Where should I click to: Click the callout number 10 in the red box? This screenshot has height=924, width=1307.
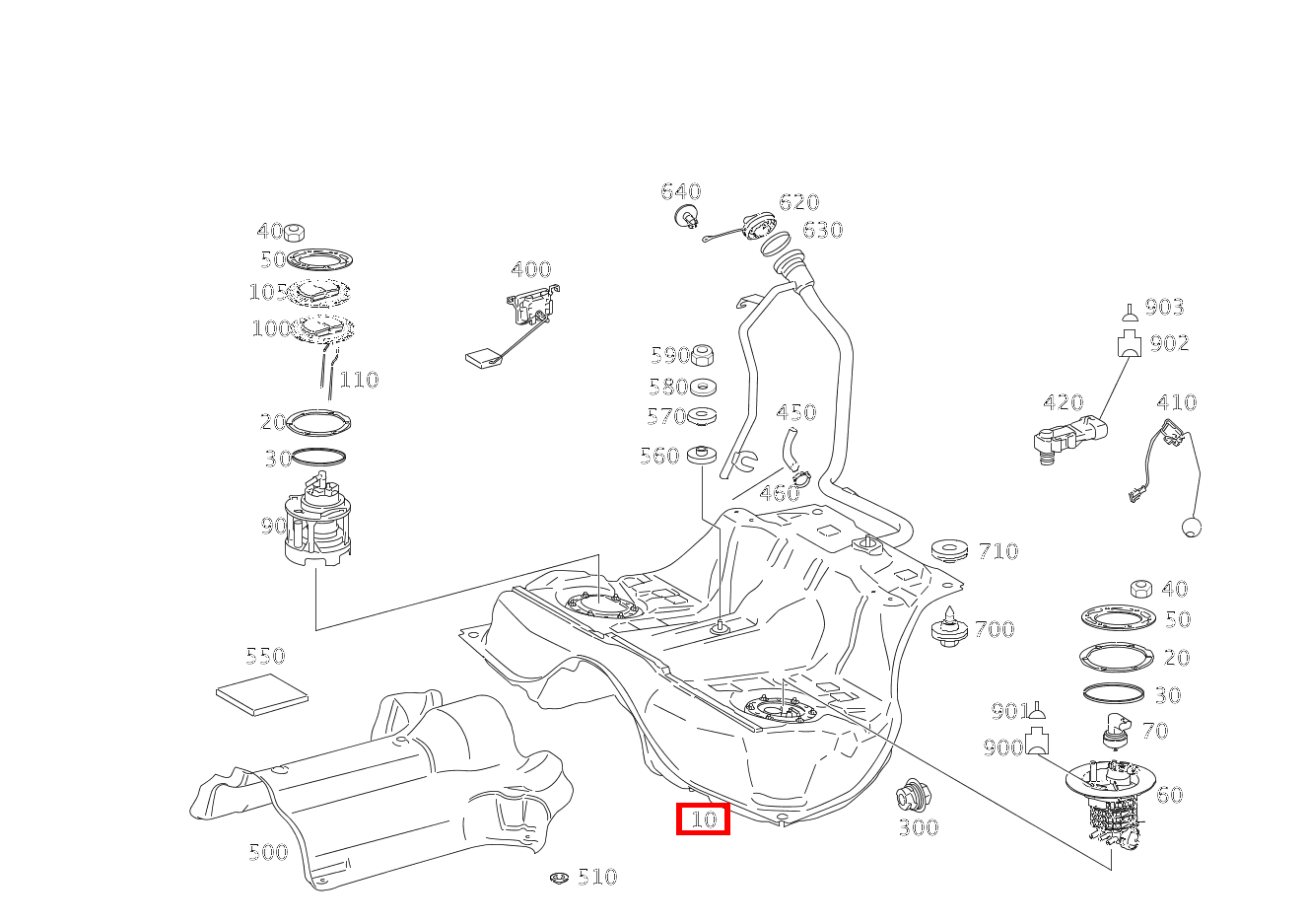tap(703, 818)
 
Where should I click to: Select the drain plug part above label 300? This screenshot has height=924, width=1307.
tap(913, 794)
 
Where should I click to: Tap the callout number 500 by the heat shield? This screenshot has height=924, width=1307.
tap(268, 852)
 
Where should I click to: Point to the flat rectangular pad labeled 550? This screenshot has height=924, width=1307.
tap(261, 695)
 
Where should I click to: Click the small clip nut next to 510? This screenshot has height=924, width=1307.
tap(559, 878)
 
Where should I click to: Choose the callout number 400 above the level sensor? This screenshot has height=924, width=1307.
tap(530, 269)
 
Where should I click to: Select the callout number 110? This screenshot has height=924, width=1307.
tap(359, 380)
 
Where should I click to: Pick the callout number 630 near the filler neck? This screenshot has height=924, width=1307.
tap(822, 230)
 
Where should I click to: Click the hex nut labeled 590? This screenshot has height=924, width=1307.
tap(703, 355)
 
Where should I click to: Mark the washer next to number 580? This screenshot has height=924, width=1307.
tap(703, 387)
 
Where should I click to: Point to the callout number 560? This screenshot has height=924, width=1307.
tap(659, 456)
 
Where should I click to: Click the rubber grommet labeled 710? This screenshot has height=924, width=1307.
tap(949, 550)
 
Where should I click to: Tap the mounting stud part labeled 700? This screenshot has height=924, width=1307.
tap(948, 628)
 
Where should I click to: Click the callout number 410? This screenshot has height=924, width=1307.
tap(1176, 402)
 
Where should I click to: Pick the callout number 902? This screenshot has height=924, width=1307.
tap(1169, 343)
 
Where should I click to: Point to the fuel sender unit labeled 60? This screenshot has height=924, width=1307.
tap(1109, 794)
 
